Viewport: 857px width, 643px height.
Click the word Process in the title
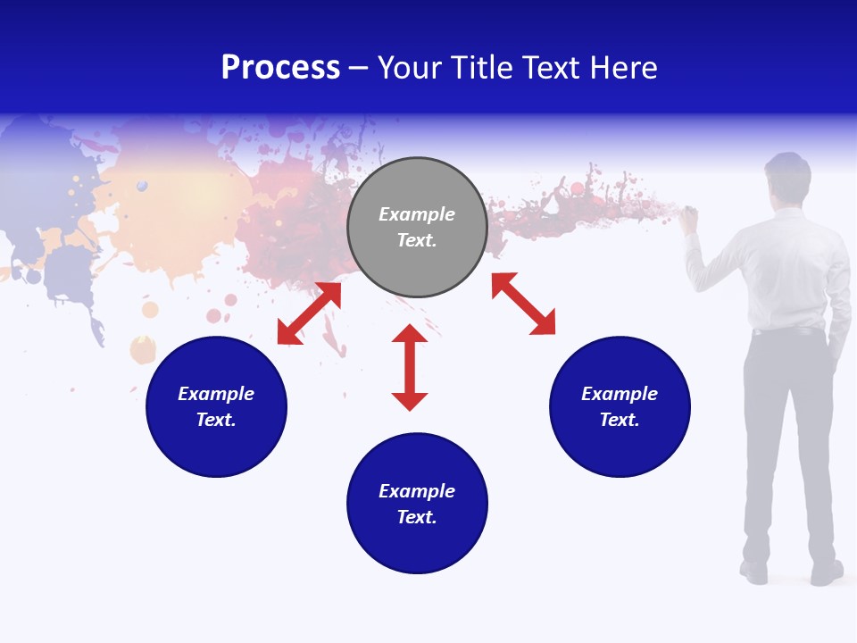(280, 68)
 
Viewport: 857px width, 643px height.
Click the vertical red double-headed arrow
(410, 367)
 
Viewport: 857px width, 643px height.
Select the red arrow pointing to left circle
(309, 313)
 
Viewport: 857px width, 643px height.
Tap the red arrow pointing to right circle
(523, 304)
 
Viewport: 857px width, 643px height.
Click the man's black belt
(787, 331)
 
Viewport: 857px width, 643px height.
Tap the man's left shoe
(754, 571)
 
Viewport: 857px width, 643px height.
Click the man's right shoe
(827, 572)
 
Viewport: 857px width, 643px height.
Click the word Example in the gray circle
(417, 214)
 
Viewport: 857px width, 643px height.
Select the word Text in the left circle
(216, 420)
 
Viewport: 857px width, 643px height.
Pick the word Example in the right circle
(620, 394)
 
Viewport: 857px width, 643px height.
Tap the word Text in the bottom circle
(417, 517)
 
